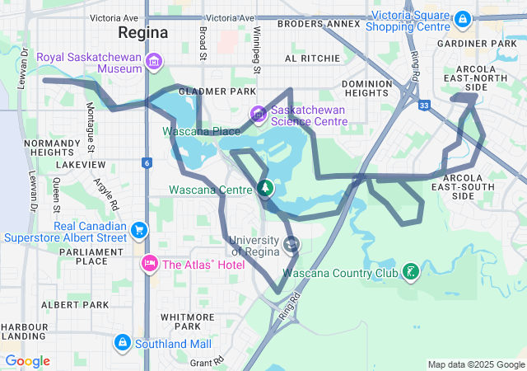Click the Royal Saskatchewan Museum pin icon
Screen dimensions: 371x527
pyautogui.click(x=153, y=61)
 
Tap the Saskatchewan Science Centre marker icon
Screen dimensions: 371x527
pyautogui.click(x=258, y=112)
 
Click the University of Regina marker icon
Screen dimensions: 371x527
pyautogui.click(x=291, y=244)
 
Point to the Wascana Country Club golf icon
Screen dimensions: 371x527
pyautogui.click(x=409, y=271)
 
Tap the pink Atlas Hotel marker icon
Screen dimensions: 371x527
pyautogui.click(x=150, y=264)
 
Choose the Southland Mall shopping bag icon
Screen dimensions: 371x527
pyautogui.click(x=122, y=341)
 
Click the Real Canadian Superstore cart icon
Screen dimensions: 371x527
pyautogui.click(x=139, y=230)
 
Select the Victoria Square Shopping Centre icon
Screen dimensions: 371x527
pyautogui.click(x=462, y=17)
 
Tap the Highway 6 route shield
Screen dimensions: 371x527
pyautogui.click(x=145, y=162)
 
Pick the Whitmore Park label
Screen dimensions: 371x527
pyautogui.click(x=189, y=321)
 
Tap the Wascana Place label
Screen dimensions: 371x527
pyautogui.click(x=201, y=131)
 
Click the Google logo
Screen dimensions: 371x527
pyautogui.click(x=28, y=361)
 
